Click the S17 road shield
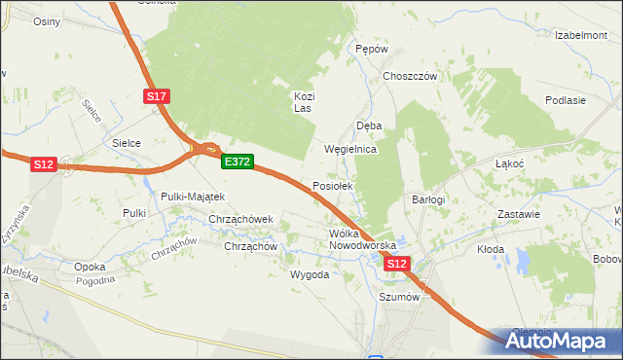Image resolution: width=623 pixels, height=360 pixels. (x=158, y=96)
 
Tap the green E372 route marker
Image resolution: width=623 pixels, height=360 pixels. (x=238, y=162)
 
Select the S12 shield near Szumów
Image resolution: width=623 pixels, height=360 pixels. (x=395, y=264)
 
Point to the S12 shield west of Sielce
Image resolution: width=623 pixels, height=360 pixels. (x=43, y=164)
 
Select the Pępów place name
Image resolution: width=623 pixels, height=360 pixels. (x=372, y=49)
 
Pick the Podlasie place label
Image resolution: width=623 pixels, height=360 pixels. (x=566, y=100)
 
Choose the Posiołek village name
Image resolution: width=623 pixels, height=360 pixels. (x=338, y=185)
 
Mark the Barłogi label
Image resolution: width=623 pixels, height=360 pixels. (x=428, y=199)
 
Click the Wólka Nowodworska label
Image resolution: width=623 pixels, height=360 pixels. (x=362, y=239)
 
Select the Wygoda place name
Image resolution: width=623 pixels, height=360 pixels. (x=310, y=274)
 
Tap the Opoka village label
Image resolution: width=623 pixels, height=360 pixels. (x=90, y=266)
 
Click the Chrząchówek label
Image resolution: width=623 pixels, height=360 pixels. (x=242, y=219)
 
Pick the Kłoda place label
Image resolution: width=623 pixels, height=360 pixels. (x=491, y=249)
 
